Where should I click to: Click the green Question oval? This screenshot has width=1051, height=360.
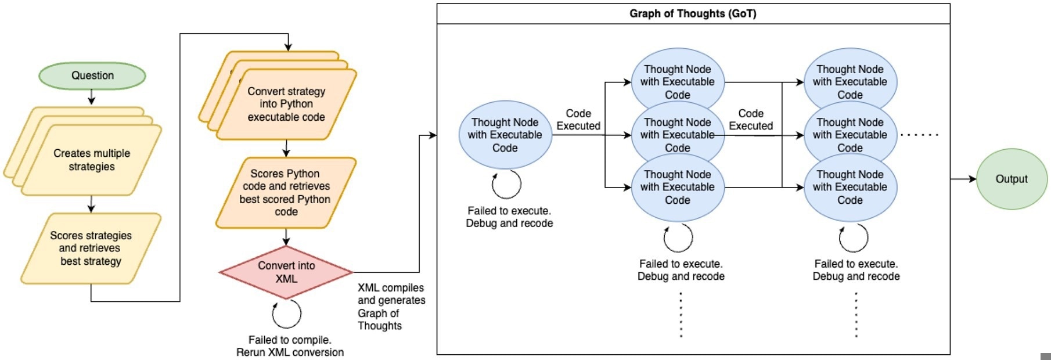(92, 75)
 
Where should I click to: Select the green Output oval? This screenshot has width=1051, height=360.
(1012, 179)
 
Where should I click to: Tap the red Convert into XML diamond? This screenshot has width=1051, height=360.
(286, 272)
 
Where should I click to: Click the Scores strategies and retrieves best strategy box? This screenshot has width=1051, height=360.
(91, 249)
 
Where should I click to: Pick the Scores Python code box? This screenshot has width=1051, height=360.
(286, 193)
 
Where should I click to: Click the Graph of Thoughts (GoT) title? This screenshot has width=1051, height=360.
(693, 13)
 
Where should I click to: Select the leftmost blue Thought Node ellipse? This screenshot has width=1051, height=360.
(505, 135)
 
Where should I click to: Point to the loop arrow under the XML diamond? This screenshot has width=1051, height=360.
(287, 314)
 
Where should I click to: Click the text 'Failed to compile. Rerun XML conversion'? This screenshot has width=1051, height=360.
(290, 346)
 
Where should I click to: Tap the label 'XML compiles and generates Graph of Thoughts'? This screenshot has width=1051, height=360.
(391, 307)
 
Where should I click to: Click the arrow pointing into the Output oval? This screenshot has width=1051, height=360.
(963, 179)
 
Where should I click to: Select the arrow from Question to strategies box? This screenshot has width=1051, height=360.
(91, 97)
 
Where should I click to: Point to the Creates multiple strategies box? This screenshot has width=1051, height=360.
(91, 160)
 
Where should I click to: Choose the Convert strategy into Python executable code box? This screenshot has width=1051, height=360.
(286, 105)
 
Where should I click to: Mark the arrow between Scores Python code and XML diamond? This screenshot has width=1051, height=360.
(286, 237)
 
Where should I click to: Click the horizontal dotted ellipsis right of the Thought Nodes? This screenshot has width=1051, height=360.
(919, 135)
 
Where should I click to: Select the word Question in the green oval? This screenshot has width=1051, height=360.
(92, 75)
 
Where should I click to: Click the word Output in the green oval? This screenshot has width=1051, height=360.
(1012, 179)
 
